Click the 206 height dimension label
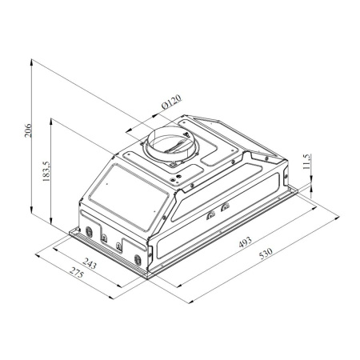pyautogui.click(x=28, y=130)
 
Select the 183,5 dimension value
pyautogui.click(x=46, y=171)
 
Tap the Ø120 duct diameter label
pyautogui.click(x=172, y=102)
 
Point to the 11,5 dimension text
pyautogui.click(x=306, y=162)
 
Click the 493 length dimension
pyautogui.click(x=245, y=242)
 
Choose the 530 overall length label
pyautogui.click(x=266, y=254)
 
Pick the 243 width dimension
pyautogui.click(x=90, y=263)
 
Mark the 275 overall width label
pyautogui.click(x=77, y=272)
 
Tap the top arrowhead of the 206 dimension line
pyautogui.click(x=31, y=62)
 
